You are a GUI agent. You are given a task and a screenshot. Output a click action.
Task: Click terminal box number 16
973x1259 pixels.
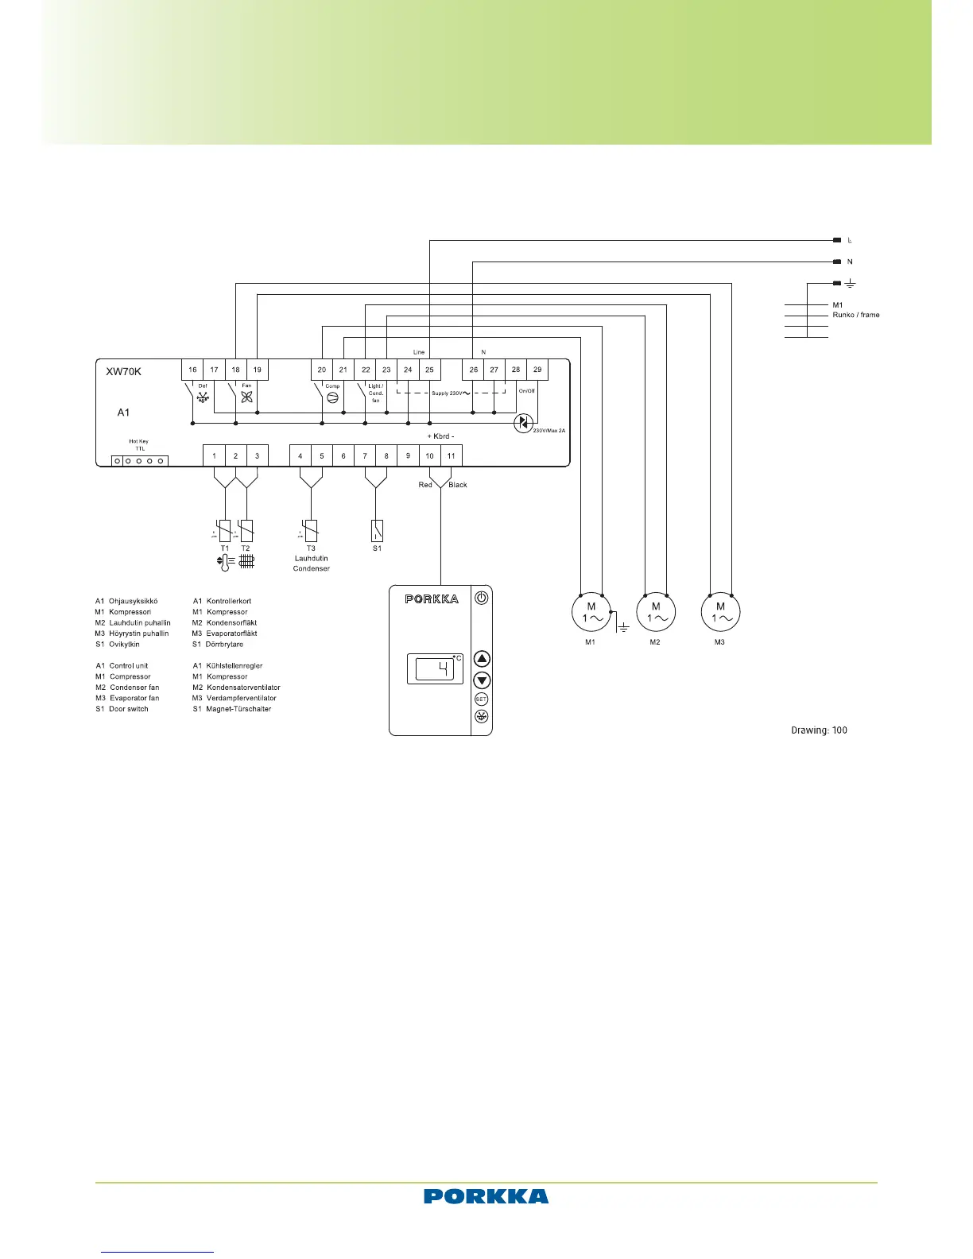(192, 370)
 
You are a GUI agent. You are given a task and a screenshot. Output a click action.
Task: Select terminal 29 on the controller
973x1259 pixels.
(537, 370)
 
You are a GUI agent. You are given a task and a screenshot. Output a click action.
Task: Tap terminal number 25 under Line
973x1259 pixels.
(429, 370)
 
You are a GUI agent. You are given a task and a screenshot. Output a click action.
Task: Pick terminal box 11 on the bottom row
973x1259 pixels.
(451, 455)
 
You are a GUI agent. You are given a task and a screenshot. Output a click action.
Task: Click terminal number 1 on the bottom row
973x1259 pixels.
(214, 455)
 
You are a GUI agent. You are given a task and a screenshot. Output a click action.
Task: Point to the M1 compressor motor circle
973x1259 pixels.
(591, 612)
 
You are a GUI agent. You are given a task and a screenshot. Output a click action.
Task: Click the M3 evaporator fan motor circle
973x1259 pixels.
(720, 612)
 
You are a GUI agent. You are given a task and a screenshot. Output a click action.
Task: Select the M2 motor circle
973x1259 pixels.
(656, 612)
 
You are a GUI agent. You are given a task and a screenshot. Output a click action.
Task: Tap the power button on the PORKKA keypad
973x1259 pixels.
(482, 598)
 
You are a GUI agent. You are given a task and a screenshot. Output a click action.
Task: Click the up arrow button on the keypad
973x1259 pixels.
(482, 659)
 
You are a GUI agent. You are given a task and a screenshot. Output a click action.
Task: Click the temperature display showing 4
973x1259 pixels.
(436, 669)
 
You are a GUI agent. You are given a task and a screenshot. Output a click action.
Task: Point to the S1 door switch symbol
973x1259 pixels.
(377, 530)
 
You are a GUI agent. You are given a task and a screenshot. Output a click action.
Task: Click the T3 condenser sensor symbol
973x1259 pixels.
(311, 530)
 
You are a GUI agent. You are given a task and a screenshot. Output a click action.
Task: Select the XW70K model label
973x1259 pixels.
(124, 371)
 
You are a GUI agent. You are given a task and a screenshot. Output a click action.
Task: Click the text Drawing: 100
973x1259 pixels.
(819, 730)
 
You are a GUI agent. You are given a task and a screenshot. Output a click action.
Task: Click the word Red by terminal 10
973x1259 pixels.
(425, 485)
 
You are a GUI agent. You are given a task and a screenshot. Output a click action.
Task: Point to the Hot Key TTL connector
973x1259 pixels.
(140, 460)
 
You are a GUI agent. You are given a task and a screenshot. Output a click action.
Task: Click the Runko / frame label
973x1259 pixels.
(856, 315)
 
